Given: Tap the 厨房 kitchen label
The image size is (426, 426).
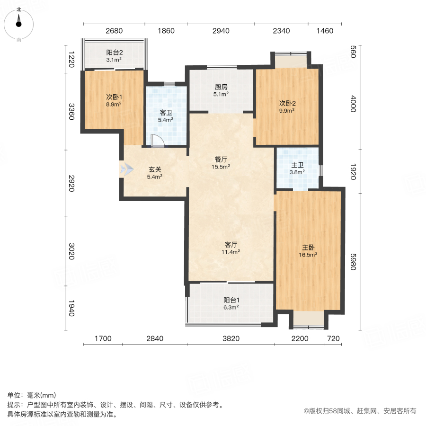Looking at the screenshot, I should (x=221, y=90).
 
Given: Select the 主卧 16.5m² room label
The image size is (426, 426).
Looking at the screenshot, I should (x=308, y=250).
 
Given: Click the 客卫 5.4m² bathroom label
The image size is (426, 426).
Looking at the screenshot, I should (x=165, y=116).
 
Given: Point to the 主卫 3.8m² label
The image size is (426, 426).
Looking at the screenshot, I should (x=297, y=169).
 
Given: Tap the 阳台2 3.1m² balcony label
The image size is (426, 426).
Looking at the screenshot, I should (x=114, y=56).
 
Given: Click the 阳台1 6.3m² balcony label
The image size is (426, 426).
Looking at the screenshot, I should (x=231, y=303).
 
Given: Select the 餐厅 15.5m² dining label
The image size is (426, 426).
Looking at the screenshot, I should (x=221, y=163).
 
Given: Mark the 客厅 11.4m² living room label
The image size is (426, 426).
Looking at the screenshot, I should (x=231, y=248).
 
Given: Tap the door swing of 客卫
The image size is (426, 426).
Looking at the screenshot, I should (x=157, y=141).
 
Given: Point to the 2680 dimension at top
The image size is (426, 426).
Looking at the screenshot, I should (x=114, y=31).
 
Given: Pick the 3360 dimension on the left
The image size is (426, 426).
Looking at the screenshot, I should (x=71, y=112).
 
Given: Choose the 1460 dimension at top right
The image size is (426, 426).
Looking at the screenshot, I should (x=325, y=31).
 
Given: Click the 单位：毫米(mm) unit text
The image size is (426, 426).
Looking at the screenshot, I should (x=32, y=396).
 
